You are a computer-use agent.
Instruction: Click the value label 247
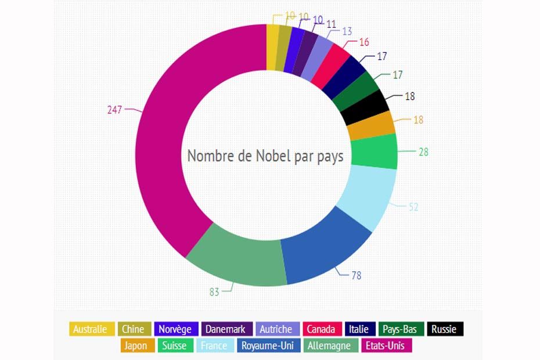pyautogui.click(x=114, y=109)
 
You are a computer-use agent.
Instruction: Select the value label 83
pyautogui.click(x=214, y=291)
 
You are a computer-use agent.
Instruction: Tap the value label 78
pyautogui.click(x=356, y=275)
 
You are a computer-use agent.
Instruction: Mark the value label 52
pyautogui.click(x=413, y=207)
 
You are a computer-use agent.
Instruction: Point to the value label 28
pyautogui.click(x=424, y=152)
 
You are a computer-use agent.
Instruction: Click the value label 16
pyautogui.click(x=364, y=42)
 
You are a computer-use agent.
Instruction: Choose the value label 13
pyautogui.click(x=347, y=31)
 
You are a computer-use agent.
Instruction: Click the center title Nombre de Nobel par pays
pyautogui.click(x=265, y=156)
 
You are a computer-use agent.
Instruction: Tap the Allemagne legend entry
pyautogui.click(x=329, y=345)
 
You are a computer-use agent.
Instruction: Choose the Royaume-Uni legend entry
pyautogui.click(x=268, y=345)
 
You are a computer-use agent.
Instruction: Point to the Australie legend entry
pyautogui.click(x=90, y=329)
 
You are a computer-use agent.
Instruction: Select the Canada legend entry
pyautogui.click(x=321, y=329)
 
